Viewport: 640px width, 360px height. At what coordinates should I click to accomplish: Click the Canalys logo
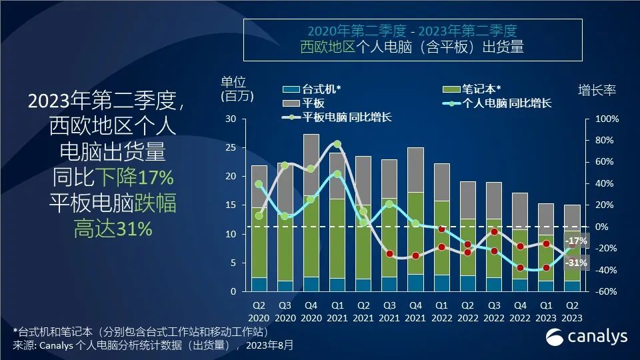coord(587,336)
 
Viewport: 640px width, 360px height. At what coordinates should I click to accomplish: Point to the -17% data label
coord(575,241)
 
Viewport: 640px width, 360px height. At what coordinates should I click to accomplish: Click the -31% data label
coord(575,263)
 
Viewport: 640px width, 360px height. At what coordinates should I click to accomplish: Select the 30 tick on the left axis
coord(231,119)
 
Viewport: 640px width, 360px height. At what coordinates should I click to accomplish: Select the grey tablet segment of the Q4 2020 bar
coord(311,164)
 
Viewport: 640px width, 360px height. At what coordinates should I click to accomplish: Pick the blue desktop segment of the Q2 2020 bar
coord(259,284)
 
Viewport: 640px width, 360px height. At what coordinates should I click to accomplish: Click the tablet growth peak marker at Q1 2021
coord(337,144)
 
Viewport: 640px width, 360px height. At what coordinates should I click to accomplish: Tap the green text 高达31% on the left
coord(113,229)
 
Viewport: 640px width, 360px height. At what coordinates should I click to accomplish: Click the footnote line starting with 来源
coord(153,345)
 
